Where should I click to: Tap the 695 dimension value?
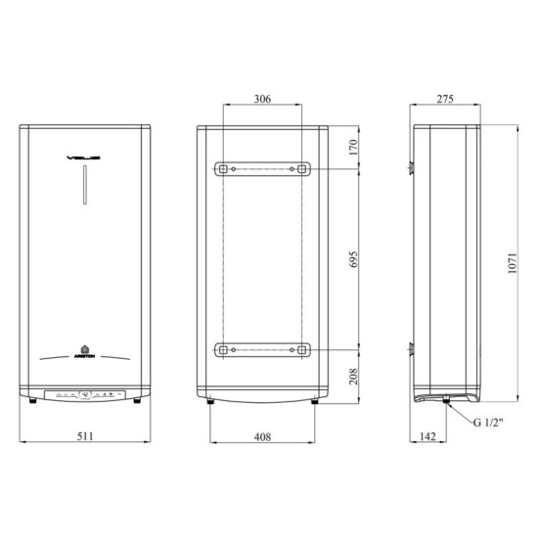(x=355, y=259)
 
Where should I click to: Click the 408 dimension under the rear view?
(x=261, y=436)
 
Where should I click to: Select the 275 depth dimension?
(x=446, y=100)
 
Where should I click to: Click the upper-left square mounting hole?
(x=224, y=169)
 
